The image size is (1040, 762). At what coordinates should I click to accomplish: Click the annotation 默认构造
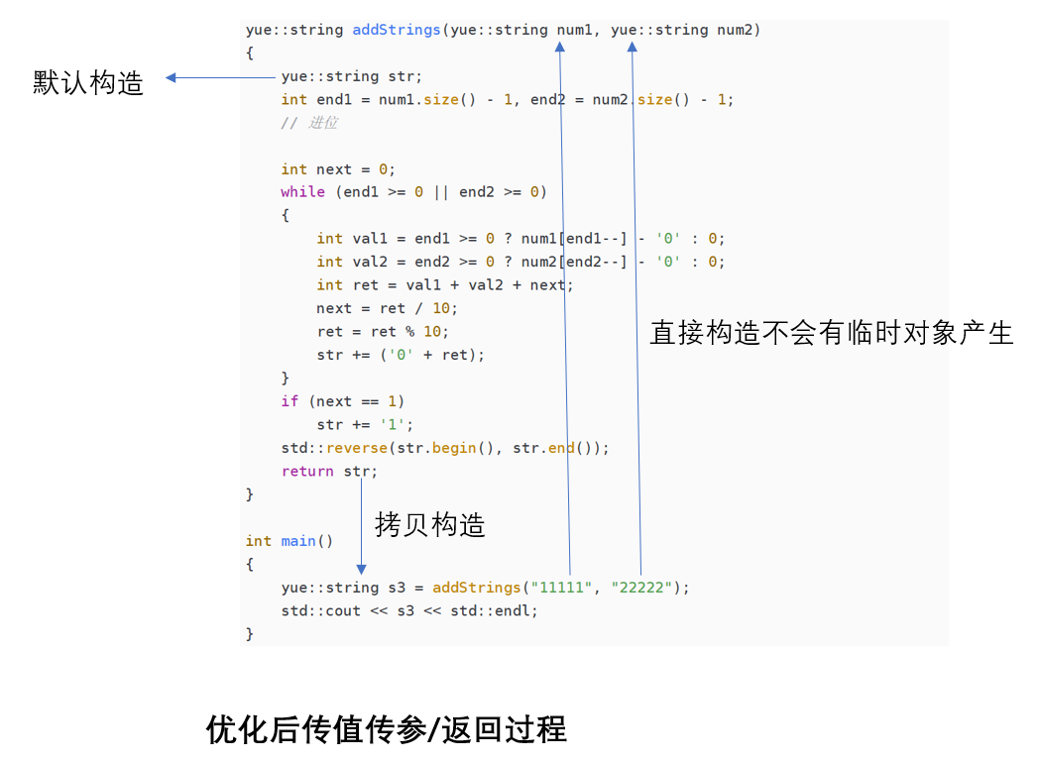pyautogui.click(x=88, y=82)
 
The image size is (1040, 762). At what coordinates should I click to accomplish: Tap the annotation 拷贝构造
pyautogui.click(x=429, y=524)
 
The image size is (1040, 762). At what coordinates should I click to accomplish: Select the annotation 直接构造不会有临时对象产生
pyautogui.click(x=831, y=333)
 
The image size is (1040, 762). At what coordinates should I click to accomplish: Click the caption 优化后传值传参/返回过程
pyautogui.click(x=386, y=730)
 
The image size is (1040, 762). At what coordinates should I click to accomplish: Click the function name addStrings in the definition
pyautogui.click(x=397, y=30)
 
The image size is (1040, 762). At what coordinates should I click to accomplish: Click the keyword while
pyautogui.click(x=302, y=192)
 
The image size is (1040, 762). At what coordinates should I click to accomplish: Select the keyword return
pyautogui.click(x=307, y=472)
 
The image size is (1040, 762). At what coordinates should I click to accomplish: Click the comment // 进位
pyautogui.click(x=308, y=123)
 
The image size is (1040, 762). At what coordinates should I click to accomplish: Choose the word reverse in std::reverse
pyautogui.click(x=357, y=448)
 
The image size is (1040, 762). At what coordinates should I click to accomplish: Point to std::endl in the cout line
pyautogui.click(x=493, y=610)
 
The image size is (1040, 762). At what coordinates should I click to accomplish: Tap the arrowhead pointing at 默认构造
pyautogui.click(x=171, y=77)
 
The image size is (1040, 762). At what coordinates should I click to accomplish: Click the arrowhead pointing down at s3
pyautogui.click(x=361, y=569)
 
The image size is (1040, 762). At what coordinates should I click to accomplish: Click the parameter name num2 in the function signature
pyautogui.click(x=736, y=30)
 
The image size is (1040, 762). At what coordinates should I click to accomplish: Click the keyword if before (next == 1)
pyautogui.click(x=289, y=401)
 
